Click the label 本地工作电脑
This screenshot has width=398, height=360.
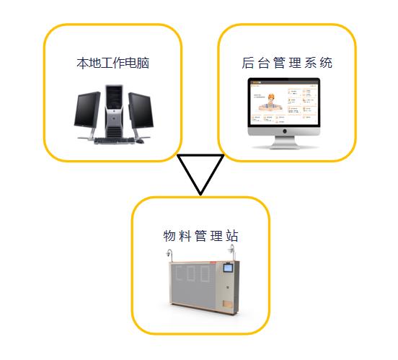(112, 63)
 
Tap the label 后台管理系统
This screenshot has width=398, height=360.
(287, 63)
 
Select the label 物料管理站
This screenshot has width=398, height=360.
(200, 236)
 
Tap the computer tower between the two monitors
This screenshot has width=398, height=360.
(114, 111)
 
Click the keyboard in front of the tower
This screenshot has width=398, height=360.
(114, 141)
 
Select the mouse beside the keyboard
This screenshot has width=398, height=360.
(140, 141)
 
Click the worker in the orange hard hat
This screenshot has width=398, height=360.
(270, 102)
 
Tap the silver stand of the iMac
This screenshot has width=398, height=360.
(285, 142)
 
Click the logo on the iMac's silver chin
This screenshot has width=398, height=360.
(285, 131)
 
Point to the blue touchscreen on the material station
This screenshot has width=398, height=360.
(228, 268)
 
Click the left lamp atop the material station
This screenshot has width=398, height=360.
(169, 255)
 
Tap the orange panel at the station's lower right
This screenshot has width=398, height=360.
(227, 304)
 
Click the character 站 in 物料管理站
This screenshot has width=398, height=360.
(232, 236)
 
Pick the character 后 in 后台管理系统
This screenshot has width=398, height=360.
(247, 63)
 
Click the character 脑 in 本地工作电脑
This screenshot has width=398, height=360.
(143, 63)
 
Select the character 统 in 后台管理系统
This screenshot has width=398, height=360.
(326, 63)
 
